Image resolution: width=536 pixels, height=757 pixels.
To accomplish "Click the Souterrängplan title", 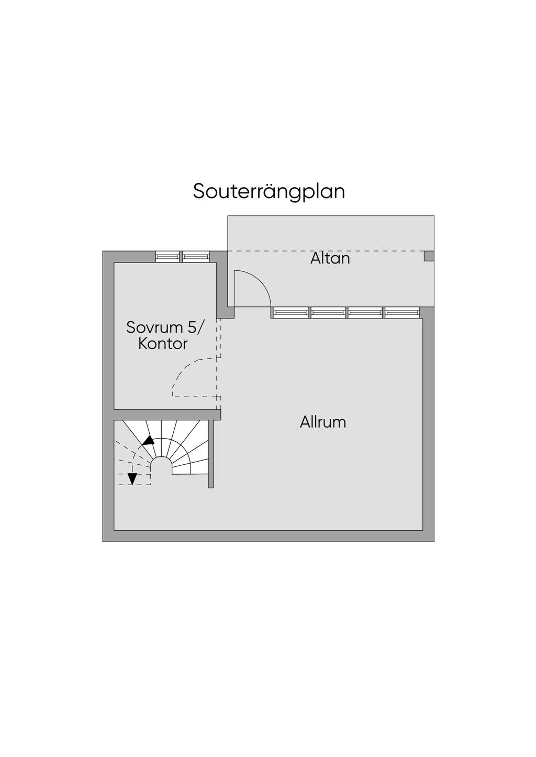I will pos(269,191).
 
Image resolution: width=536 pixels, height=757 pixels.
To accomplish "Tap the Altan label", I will pos(330,258).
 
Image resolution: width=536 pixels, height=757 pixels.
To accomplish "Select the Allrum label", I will pos(323,422).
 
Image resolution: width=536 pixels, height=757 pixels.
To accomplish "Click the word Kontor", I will pos(163,344).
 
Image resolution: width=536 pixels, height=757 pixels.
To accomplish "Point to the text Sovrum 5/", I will pos(166,328).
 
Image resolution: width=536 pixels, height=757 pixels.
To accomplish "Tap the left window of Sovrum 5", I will pos(168,257).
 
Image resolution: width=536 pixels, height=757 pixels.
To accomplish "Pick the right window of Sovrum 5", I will pos(195,257).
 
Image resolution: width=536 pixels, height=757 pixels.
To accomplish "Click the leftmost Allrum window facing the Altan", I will pos(291,313).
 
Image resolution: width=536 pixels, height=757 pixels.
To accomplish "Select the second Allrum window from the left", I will pos(328,313).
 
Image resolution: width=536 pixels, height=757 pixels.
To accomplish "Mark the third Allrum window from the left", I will pos(365,313).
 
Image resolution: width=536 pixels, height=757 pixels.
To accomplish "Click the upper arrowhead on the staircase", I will pos(149,440).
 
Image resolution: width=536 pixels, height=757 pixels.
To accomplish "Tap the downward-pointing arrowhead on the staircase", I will pos(132,478).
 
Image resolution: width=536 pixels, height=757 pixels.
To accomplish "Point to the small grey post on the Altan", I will pos(429,256).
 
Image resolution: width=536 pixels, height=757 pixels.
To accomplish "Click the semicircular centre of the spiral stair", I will pos(161,465).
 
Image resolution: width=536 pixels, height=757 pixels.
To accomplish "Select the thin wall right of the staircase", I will pos(211,454).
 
